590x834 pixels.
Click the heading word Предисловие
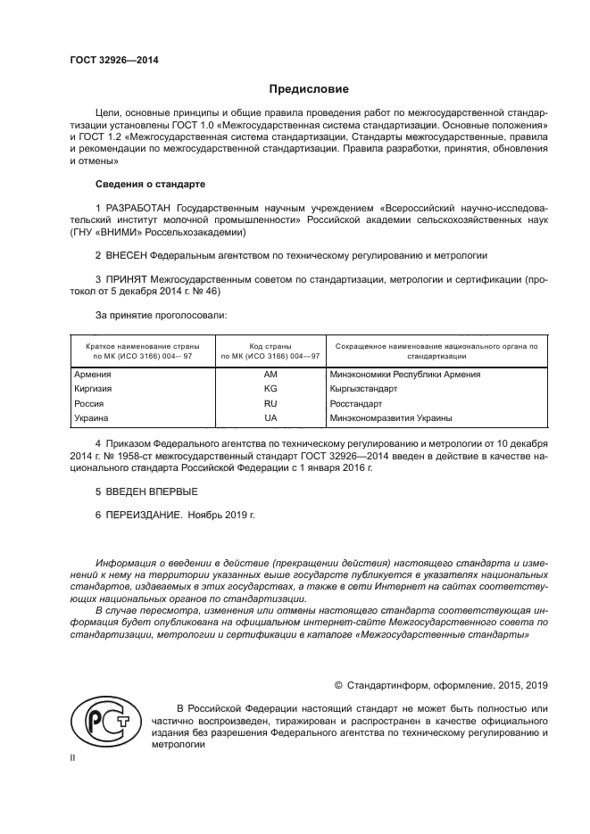(309, 89)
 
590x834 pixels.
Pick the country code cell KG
(270, 389)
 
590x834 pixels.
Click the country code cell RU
(270, 403)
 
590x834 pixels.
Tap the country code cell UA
(270, 417)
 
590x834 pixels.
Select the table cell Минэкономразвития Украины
(390, 417)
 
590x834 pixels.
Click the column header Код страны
(270, 345)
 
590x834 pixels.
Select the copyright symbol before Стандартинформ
(338, 685)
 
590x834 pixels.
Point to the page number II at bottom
(74, 757)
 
